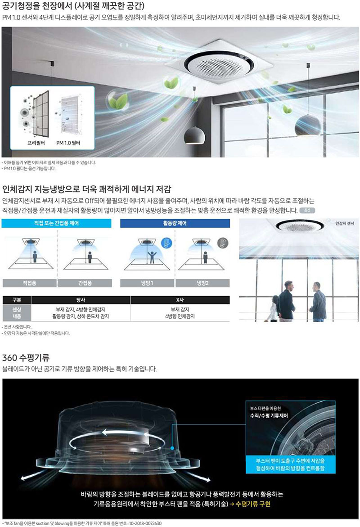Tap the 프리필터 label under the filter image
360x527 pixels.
pyautogui.click(x=36, y=143)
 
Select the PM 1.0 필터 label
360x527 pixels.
pyautogui.click(x=68, y=143)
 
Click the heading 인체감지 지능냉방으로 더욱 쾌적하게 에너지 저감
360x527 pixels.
pyautogui.click(x=87, y=189)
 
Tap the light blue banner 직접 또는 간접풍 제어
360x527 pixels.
pyautogui.click(x=56, y=223)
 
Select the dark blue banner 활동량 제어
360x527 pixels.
pyautogui.click(x=175, y=223)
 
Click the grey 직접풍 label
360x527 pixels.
pyautogui.click(x=30, y=283)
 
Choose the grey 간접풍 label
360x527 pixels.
pyautogui.click(x=85, y=283)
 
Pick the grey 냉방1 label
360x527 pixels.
pyautogui.click(x=147, y=283)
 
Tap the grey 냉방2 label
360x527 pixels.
pyautogui.click(x=202, y=283)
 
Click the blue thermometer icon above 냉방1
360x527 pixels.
pyautogui.click(x=166, y=243)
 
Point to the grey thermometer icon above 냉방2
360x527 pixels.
pyautogui.click(x=222, y=243)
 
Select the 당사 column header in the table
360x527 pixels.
pyautogui.click(x=81, y=300)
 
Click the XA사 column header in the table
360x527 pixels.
pyautogui.click(x=180, y=300)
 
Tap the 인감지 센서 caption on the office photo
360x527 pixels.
pyautogui.click(x=345, y=224)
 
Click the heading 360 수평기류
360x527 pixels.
pyautogui.click(x=26, y=357)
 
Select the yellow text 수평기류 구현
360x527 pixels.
pyautogui.click(x=253, y=504)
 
